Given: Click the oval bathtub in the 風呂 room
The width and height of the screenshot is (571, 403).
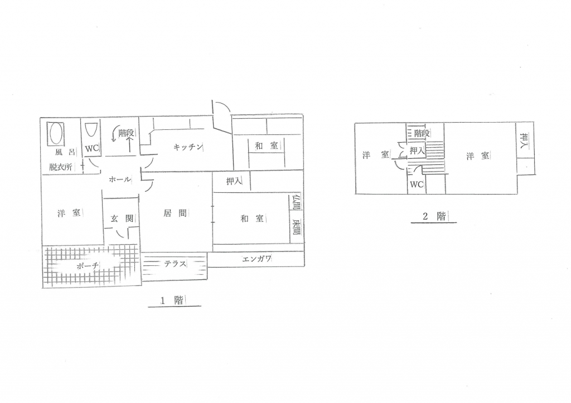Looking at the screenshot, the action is [56, 133].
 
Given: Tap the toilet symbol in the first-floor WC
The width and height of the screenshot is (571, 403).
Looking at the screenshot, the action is [90, 130].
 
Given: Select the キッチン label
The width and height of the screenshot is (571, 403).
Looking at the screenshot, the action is [187, 147].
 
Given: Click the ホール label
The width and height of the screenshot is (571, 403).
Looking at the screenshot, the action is [120, 179].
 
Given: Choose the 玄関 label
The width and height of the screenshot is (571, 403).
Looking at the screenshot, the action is [122, 219].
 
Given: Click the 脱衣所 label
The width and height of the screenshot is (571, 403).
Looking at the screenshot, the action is [61, 167].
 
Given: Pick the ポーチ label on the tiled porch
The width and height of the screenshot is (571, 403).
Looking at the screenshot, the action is [88, 266].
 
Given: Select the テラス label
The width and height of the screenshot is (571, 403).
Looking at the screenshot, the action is [175, 264].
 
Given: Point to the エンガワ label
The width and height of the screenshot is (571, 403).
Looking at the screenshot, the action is [257, 259].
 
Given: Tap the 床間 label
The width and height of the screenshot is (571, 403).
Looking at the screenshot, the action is [296, 227].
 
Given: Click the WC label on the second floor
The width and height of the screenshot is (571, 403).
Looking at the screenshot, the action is [417, 184].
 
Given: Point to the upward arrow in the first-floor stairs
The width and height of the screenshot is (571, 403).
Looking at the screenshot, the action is [129, 144].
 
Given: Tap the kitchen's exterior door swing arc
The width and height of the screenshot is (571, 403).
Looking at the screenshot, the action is [222, 106].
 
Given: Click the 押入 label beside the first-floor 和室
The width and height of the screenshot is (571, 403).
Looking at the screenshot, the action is [234, 181].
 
